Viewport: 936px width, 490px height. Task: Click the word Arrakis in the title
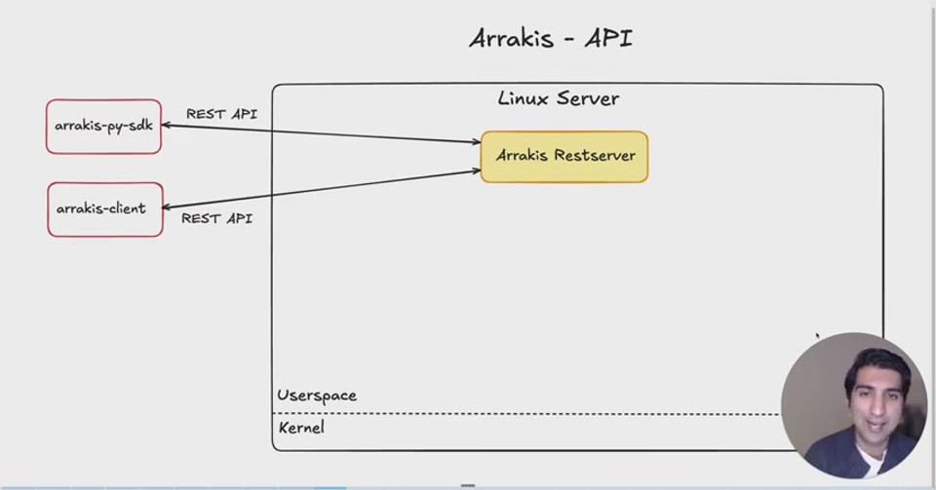[x=510, y=39]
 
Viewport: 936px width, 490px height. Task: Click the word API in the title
[x=608, y=39]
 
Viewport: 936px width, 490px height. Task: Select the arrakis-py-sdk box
[x=104, y=127]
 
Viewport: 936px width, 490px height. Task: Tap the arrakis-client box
[x=105, y=209]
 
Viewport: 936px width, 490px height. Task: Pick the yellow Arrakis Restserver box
[x=565, y=157]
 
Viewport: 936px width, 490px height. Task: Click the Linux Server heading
[x=558, y=98]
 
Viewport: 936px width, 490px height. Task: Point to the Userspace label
[x=317, y=396]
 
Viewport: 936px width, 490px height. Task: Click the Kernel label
[x=301, y=428]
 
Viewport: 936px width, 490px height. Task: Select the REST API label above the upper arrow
[x=221, y=114]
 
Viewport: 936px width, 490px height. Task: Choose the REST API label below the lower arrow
[x=216, y=219]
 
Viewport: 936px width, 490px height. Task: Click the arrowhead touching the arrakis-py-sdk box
[x=167, y=126]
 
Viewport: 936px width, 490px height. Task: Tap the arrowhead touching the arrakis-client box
[x=168, y=207]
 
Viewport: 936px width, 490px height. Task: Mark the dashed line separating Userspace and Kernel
[x=526, y=414]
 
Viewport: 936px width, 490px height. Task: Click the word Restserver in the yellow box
[x=595, y=156]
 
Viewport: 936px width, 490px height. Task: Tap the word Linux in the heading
[x=523, y=98]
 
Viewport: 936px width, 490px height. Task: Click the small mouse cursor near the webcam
[x=818, y=336]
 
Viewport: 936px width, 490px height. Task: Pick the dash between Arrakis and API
[x=567, y=41]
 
